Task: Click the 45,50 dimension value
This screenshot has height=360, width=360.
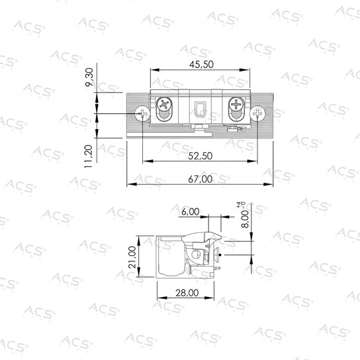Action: click(201, 64)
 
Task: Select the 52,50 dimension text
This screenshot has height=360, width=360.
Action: click(201, 156)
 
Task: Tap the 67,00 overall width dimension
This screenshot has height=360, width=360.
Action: click(201, 179)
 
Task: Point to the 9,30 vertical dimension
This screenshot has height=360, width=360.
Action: click(89, 77)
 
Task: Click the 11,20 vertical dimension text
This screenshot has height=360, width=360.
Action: click(89, 156)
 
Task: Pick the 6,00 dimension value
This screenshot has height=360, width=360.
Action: click(191, 212)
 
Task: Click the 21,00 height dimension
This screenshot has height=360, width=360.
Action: click(132, 257)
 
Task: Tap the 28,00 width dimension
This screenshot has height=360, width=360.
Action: click(187, 293)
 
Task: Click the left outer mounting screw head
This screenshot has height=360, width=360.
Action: click(142, 113)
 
